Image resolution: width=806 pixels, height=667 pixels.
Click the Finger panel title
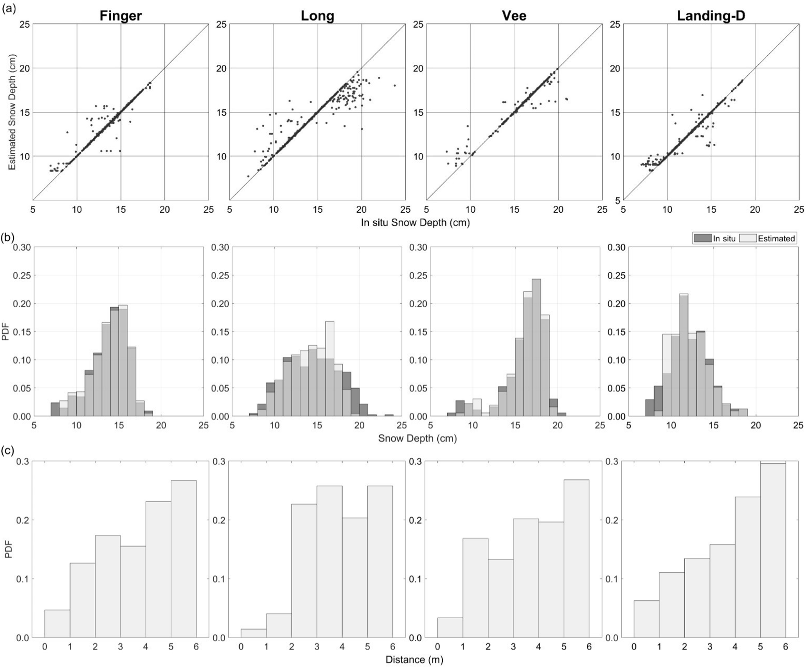coord(120,16)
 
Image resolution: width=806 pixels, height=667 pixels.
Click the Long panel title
coord(317,16)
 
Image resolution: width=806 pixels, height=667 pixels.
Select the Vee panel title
coord(514,16)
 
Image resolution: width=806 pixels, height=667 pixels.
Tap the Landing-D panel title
coord(711,16)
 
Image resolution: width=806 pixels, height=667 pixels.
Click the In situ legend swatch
coord(702,238)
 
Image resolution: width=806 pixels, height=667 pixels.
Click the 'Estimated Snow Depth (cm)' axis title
coord(12,112)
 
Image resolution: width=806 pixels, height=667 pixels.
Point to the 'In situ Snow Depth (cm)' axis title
coord(415,223)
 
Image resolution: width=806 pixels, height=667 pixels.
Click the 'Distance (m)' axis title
coord(414,660)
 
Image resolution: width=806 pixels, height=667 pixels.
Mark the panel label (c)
coord(9,451)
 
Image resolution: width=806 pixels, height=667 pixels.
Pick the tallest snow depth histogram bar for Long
coord(330,369)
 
